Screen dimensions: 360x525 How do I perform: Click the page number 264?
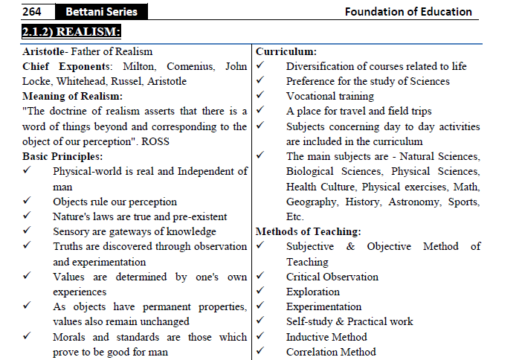point(34,11)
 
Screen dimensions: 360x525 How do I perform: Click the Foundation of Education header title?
point(408,11)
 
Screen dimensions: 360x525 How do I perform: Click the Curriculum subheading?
point(286,51)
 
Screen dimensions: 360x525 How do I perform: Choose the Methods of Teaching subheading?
point(308,231)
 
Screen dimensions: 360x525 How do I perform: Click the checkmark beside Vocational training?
point(261,96)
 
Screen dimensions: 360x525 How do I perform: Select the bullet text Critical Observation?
point(332,277)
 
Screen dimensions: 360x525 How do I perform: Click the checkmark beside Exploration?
point(261,292)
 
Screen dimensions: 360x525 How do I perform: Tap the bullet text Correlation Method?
point(331,352)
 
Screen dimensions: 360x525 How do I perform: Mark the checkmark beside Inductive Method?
point(261,337)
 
